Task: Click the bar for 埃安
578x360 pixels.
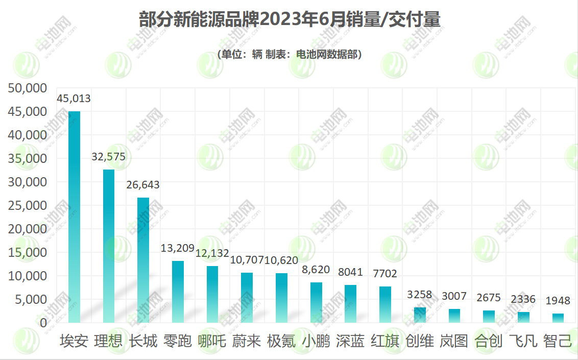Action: [x=74, y=217]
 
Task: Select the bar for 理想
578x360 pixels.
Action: [x=109, y=246]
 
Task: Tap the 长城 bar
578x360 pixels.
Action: [x=143, y=260]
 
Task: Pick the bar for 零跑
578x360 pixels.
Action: [x=178, y=292]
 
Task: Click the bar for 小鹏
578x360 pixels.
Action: [x=316, y=302]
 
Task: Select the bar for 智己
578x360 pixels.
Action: [x=558, y=318]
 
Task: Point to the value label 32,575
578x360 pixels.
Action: [x=108, y=157]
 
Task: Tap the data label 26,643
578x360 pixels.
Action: [x=143, y=185]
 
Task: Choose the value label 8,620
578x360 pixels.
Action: [x=316, y=269]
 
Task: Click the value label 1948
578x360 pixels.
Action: [x=558, y=301]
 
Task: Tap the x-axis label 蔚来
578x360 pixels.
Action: [x=247, y=341]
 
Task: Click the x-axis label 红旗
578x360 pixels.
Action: [x=385, y=341]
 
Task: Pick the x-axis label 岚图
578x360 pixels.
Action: [x=454, y=341]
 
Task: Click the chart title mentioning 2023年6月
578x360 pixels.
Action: [x=290, y=20]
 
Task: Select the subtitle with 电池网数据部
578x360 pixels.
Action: [x=290, y=55]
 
